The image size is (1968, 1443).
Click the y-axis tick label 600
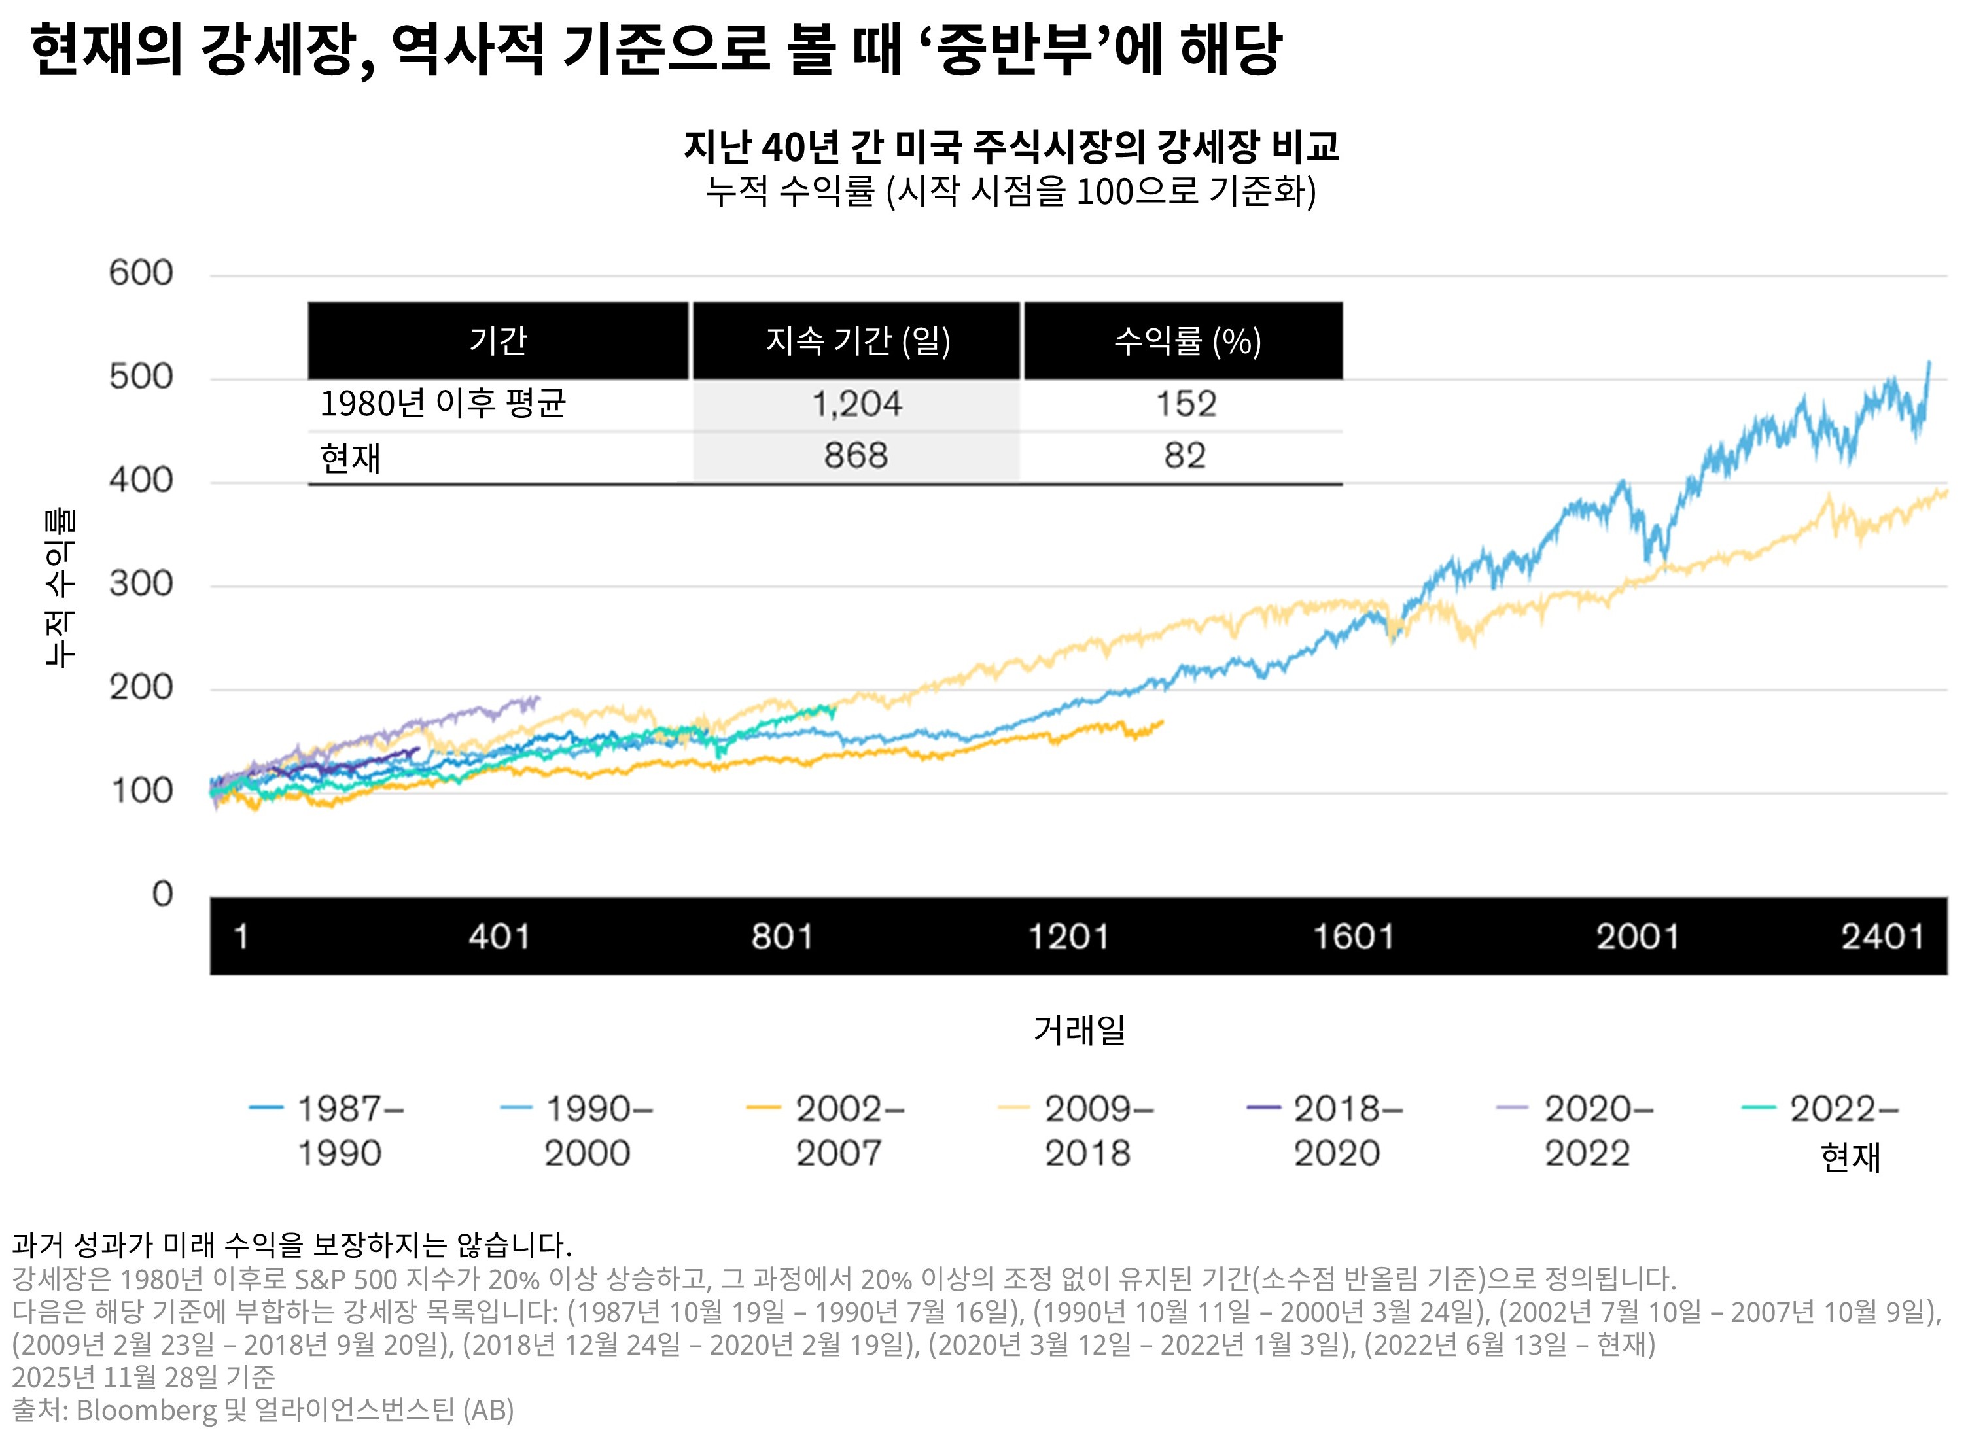pyautogui.click(x=141, y=273)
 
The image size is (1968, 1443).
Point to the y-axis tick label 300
pyautogui.click(x=141, y=583)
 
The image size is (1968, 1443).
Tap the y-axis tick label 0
pyautogui.click(x=162, y=894)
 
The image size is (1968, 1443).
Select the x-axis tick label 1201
pyautogui.click(x=1068, y=937)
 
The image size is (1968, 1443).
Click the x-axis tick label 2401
pyautogui.click(x=1882, y=937)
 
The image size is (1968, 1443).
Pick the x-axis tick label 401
pyautogui.click(x=499, y=937)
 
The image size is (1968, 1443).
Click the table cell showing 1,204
pyautogui.click(x=856, y=404)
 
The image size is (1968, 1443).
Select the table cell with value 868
pyautogui.click(x=856, y=455)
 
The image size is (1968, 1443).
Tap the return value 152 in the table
pyautogui.click(x=1186, y=404)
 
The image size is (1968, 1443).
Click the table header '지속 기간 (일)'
pyautogui.click(x=857, y=341)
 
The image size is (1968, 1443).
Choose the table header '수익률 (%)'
pyautogui.click(x=1186, y=341)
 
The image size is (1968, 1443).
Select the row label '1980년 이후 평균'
pyautogui.click(x=443, y=404)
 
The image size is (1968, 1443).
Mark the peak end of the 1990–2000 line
pyautogui.click(x=1929, y=362)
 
